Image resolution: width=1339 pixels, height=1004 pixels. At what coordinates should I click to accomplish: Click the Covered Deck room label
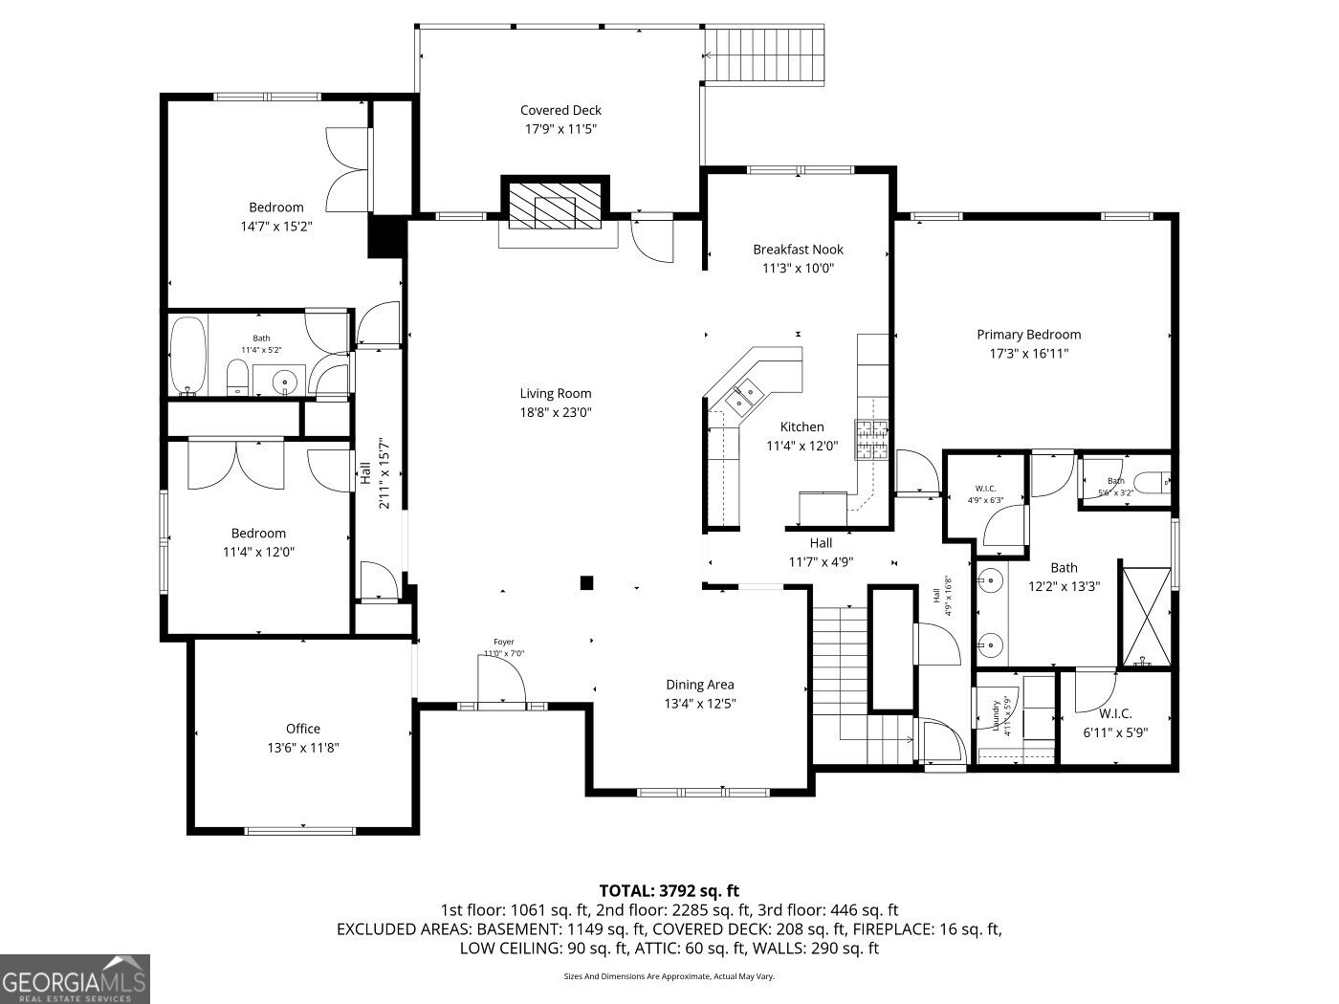pos(560,110)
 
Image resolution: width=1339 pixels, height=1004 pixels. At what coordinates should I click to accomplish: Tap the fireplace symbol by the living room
pos(556,205)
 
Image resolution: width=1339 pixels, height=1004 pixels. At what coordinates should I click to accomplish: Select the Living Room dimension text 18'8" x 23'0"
pos(556,413)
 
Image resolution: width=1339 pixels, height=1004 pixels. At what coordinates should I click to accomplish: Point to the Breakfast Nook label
pos(798,250)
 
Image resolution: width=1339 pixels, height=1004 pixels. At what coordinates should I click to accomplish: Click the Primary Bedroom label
pos(1028,335)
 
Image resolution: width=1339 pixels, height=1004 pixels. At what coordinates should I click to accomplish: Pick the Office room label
pos(303,729)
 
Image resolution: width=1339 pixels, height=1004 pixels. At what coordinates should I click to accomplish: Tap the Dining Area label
pos(700,685)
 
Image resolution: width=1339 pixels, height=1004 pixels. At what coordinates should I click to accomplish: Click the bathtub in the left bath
pos(188,356)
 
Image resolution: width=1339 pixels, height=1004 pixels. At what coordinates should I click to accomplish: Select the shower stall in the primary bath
pos(1146,618)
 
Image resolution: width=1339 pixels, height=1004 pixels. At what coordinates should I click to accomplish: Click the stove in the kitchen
pos(871,441)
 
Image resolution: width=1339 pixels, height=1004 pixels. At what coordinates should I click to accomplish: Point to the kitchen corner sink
pos(744,396)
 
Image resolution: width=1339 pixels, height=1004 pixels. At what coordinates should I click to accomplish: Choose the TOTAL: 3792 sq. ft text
pos(669,890)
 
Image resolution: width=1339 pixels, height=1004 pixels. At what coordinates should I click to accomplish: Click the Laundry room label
pos(996,715)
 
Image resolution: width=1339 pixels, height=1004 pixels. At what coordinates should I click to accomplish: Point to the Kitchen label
pos(801,427)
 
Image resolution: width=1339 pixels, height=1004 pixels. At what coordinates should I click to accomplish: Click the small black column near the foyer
pos(587,582)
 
